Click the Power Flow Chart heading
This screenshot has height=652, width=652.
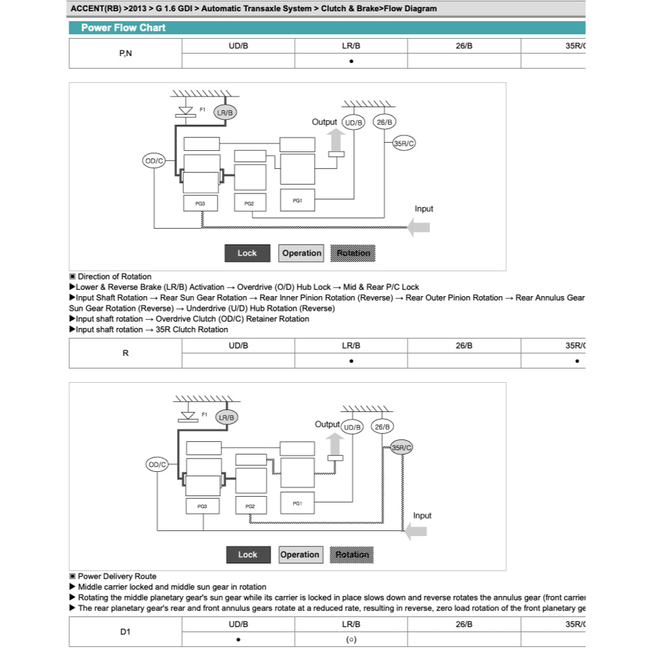pos(123,28)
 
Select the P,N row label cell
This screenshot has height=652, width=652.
pos(125,53)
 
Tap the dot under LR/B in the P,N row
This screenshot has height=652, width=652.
pos(351,61)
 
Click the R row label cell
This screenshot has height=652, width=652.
pos(125,353)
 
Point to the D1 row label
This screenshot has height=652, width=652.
pos(125,632)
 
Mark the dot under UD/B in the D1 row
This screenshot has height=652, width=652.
pos(238,639)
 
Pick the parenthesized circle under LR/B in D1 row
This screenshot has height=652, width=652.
pos(351,639)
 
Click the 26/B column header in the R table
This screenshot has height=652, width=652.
pos(464,345)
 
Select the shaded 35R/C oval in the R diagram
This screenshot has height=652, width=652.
pos(402,448)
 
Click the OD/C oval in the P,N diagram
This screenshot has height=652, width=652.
pos(154,161)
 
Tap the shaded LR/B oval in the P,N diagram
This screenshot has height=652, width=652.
pos(225,113)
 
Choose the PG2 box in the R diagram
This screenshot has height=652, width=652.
pos(250,506)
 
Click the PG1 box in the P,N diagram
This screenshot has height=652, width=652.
pos(297,201)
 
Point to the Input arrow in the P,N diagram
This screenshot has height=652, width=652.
pos(419,227)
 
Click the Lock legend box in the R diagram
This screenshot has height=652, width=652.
pos(248,555)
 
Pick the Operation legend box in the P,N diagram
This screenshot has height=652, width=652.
pos(302,253)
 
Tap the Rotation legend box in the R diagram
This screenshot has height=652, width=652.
pos(352,555)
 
